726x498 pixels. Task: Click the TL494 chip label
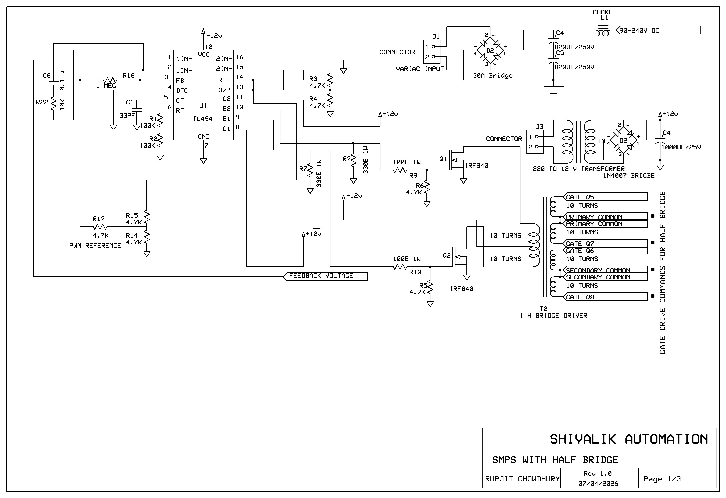pos(203,119)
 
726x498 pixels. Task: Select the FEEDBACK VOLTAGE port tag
pos(325,276)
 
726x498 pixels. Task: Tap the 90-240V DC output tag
pos(658,30)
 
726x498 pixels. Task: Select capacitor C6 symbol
pos(53,82)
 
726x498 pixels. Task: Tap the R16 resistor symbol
pos(110,80)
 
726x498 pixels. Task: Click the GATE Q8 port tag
pos(605,297)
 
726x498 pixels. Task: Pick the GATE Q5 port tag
pos(605,197)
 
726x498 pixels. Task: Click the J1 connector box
pos(431,51)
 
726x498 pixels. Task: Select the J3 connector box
pos(535,142)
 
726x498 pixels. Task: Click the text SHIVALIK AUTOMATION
pos(629,439)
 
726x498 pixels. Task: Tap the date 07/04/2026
pos(598,483)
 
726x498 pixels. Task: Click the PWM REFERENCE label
pos(95,246)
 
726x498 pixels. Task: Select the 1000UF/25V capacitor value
pos(681,147)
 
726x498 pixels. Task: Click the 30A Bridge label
pos(492,76)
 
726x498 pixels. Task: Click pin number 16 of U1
pos(239,57)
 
